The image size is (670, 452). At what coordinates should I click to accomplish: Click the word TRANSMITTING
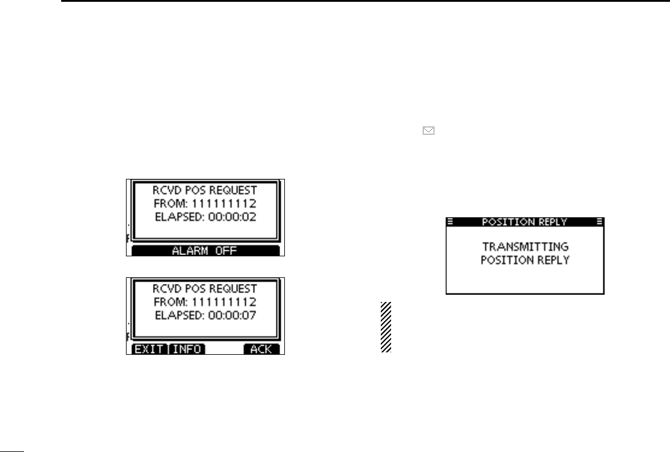pos(525,247)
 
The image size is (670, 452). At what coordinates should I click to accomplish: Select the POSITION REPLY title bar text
pos(525,222)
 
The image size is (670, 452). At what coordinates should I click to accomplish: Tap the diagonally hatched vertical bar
pos(386,327)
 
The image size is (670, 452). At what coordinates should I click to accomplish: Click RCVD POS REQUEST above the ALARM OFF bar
pos(205,190)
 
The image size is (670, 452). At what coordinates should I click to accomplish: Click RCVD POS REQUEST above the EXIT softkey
pos(205,289)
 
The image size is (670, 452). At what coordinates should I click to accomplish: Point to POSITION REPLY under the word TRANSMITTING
pos(525,260)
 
